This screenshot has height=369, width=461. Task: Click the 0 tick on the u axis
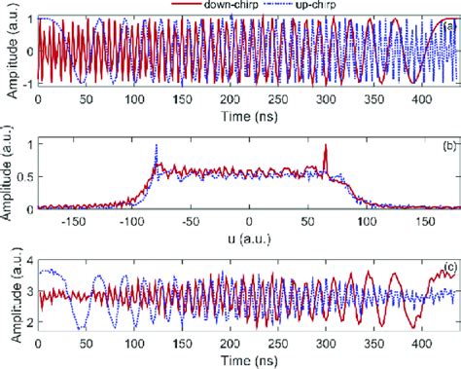click(x=249, y=220)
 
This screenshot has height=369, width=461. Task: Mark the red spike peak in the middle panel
click(x=326, y=146)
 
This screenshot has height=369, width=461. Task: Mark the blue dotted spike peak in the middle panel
click(x=156, y=146)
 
